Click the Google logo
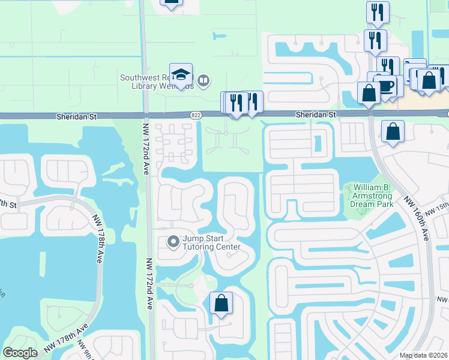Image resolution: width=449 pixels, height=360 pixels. pyautogui.click(x=20, y=353)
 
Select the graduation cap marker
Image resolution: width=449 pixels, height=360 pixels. pyautogui.click(x=181, y=75)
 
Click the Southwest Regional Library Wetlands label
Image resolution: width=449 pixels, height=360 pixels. pyautogui.click(x=157, y=82)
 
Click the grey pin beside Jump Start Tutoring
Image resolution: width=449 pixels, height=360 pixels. pyautogui.click(x=173, y=242)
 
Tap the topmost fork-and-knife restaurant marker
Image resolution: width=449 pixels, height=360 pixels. pyautogui.click(x=378, y=13)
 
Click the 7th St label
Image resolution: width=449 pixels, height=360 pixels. pyautogui.click(x=8, y=204)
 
